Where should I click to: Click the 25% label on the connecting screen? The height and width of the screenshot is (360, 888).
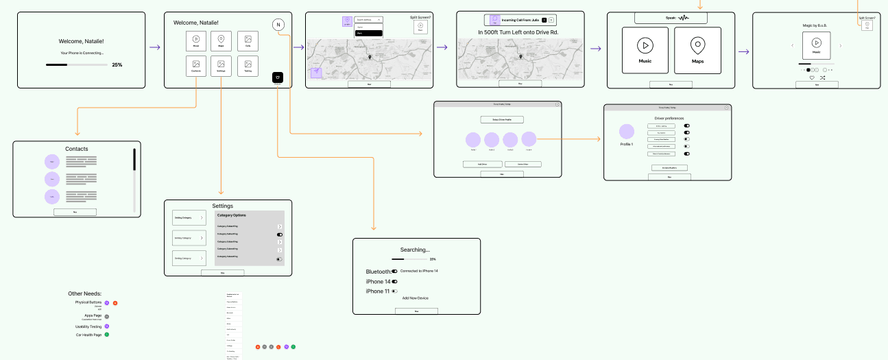pos(117,64)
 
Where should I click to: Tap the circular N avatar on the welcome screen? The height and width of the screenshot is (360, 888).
pos(278,24)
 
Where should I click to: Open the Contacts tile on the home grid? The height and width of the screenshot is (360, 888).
pos(196,66)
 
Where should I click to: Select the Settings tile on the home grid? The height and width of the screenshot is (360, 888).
pos(221,66)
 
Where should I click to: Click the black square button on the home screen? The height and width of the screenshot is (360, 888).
pos(278,77)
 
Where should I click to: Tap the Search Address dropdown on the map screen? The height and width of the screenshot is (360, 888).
pos(369,20)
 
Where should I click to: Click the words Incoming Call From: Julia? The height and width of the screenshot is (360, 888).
pos(520,20)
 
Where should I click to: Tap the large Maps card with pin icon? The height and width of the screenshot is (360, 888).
pos(697,50)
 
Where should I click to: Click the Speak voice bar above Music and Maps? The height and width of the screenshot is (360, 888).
pos(671,18)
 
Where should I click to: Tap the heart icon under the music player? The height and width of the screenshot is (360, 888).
pos(812,77)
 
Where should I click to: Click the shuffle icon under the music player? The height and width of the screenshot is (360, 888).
pos(822,77)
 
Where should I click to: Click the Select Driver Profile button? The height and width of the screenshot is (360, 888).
pos(497,119)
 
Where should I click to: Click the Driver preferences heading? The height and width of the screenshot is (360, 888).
pos(669,118)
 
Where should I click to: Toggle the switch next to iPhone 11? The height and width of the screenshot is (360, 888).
pos(394,291)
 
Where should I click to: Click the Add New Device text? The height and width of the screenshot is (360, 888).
pos(416,298)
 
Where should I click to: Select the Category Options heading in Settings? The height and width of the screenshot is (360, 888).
pos(232,215)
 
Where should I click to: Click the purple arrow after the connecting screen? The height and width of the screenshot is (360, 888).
pos(155,47)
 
